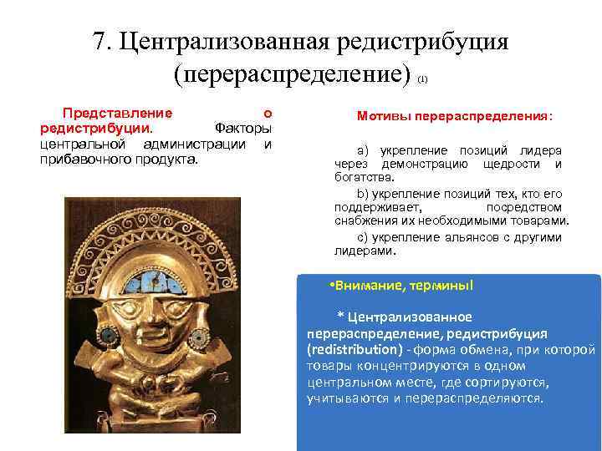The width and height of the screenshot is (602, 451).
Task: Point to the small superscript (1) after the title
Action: [x=422, y=79]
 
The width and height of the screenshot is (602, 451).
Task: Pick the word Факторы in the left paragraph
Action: [x=244, y=129]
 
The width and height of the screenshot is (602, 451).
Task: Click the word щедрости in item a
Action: [x=513, y=164]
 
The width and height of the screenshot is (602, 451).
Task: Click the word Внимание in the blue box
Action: [x=365, y=286]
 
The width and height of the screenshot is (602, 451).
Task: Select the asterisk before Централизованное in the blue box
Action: [x=339, y=316]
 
